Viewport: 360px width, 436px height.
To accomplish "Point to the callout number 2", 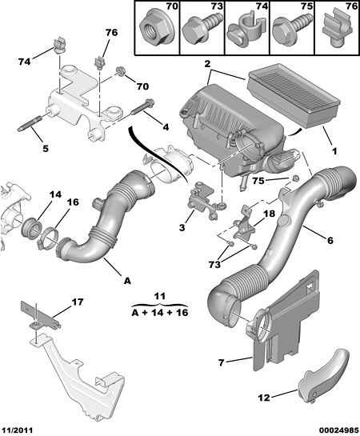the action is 207,64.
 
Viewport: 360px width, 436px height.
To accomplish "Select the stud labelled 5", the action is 30,124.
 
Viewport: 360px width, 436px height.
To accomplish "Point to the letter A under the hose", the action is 127,281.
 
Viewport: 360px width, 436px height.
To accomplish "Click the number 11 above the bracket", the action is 160,296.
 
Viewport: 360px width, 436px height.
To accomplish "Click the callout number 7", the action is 221,362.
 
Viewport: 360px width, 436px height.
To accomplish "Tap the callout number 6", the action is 330,240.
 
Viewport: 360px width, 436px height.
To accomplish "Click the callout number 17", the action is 78,302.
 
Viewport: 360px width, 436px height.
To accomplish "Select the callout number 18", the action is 269,214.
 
